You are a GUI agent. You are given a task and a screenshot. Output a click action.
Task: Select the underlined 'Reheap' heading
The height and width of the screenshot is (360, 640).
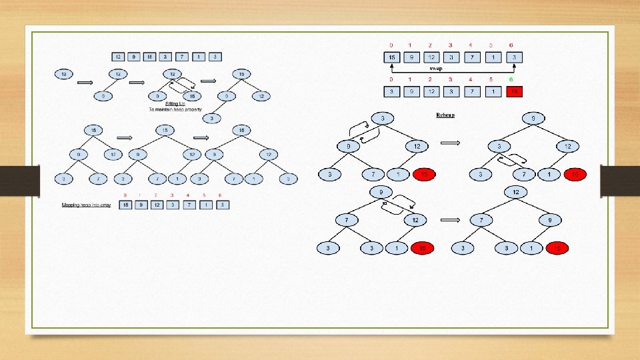(445, 115)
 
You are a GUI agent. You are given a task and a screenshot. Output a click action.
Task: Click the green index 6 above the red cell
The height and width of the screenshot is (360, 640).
(511, 79)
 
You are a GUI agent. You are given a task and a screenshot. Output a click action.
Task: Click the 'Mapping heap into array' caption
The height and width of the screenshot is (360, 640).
(85, 205)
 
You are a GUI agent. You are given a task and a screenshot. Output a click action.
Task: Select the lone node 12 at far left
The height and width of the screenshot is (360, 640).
(63, 73)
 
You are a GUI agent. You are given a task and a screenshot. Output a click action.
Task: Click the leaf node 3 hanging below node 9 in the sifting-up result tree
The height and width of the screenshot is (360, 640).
(211, 119)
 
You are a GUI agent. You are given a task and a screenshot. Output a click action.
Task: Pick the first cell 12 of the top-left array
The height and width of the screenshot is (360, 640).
(119, 57)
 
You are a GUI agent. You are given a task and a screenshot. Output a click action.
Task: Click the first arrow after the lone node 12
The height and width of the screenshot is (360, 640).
(86, 82)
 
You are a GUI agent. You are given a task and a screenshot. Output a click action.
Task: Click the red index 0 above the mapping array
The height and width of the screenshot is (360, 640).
(125, 195)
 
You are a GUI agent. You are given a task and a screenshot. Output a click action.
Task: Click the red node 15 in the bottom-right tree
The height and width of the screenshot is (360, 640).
(557, 248)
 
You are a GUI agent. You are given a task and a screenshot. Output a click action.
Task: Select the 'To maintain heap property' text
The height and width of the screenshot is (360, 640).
(175, 109)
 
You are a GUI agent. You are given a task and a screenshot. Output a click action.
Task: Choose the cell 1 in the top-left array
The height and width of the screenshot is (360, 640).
(201, 57)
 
